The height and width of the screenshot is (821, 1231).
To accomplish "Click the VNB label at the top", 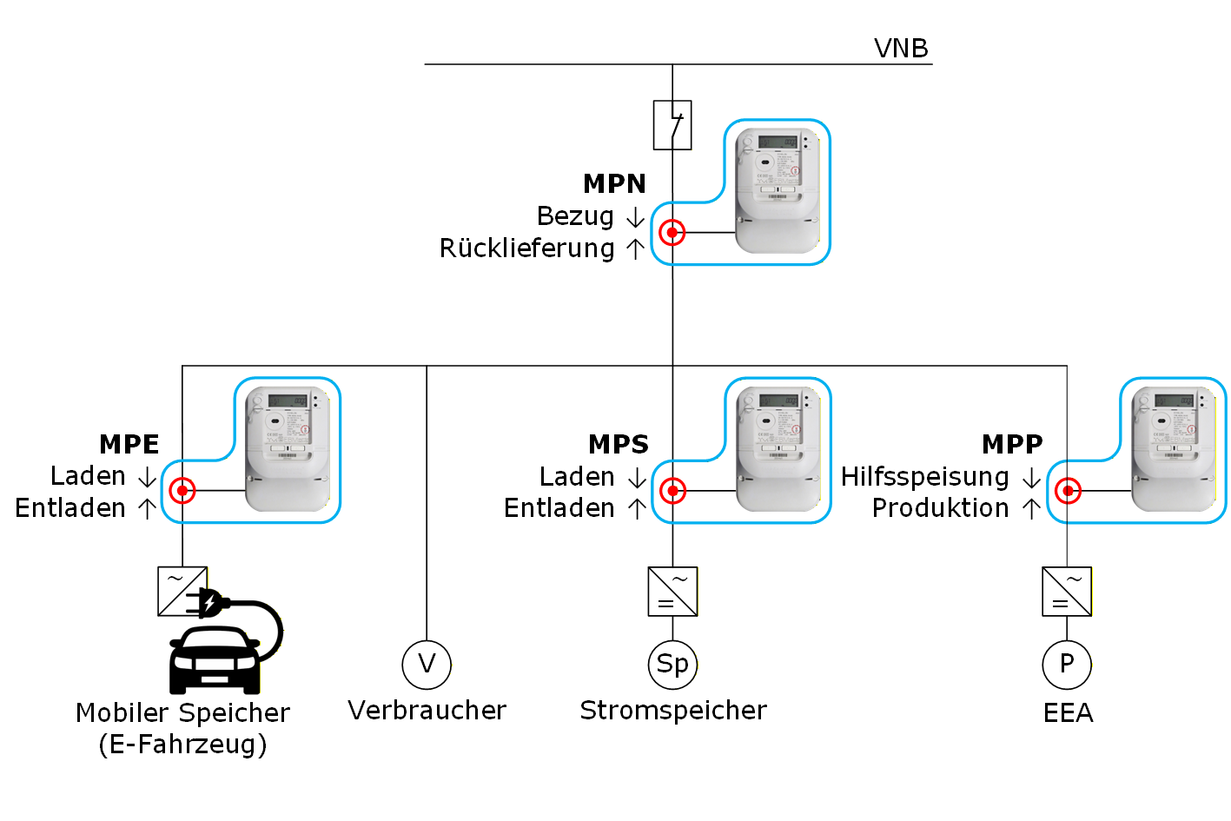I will pyautogui.click(x=901, y=49).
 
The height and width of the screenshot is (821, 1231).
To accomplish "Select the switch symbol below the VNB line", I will pyautogui.click(x=672, y=125).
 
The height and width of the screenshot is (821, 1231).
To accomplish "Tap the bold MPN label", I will pyautogui.click(x=614, y=184).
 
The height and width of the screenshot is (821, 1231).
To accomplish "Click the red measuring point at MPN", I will pyautogui.click(x=672, y=233).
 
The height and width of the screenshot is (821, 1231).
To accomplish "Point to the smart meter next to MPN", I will pyautogui.click(x=778, y=190).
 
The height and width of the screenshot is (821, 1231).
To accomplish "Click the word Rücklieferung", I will pyautogui.click(x=527, y=248).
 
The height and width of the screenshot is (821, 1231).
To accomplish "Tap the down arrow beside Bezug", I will pyautogui.click(x=636, y=217).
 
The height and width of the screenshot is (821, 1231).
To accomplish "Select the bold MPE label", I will pyautogui.click(x=129, y=445).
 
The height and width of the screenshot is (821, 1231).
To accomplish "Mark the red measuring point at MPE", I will pyautogui.click(x=182, y=491).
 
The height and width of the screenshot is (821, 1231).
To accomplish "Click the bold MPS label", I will pyautogui.click(x=619, y=445).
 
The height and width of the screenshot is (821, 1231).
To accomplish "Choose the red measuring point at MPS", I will pyautogui.click(x=673, y=491).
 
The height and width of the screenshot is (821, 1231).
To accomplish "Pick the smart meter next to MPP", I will pyautogui.click(x=1173, y=448).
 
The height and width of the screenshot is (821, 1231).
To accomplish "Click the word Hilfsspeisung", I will pyautogui.click(x=925, y=477).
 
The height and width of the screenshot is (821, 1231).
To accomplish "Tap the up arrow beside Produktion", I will pyautogui.click(x=1032, y=509).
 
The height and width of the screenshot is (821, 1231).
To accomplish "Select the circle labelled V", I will pyautogui.click(x=427, y=665).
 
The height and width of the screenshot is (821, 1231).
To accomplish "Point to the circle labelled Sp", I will pyautogui.click(x=673, y=665).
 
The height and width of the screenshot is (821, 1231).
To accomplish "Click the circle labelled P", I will pyautogui.click(x=1067, y=665).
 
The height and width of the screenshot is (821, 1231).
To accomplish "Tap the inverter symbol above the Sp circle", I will pyautogui.click(x=673, y=592).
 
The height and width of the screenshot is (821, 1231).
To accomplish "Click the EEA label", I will pyautogui.click(x=1068, y=713).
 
